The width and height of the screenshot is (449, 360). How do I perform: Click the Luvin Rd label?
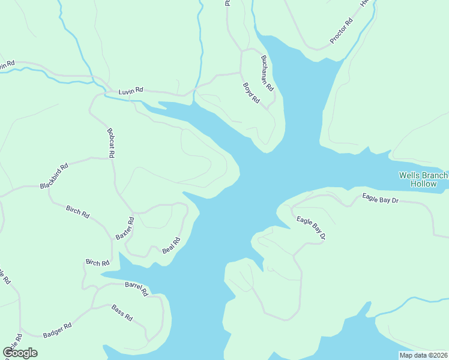[130, 91]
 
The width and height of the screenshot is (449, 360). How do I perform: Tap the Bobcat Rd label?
[111, 143]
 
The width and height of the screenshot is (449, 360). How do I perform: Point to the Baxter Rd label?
[125, 228]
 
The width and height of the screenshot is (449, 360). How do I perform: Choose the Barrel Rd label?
[136, 289]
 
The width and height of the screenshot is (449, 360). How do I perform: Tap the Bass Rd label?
[122, 313]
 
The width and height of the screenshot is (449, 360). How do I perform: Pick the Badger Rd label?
[57, 329]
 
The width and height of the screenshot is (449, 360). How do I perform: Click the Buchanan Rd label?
[267, 73]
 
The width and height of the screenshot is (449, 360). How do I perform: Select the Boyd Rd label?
[250, 92]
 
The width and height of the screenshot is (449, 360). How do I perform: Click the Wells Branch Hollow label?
[423, 179]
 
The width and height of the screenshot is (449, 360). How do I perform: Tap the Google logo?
[20, 353]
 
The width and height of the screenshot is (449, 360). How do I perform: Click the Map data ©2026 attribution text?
[424, 355]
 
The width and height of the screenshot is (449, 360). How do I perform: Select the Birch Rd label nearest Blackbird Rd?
[77, 212]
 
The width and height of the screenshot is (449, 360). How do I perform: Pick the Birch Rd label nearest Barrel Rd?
[97, 263]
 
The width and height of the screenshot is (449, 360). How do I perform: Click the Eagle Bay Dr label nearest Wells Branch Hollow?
[381, 199]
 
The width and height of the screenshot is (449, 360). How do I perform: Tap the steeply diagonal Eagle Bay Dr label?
[311, 228]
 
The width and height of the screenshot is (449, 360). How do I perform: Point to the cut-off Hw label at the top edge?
[364, 3]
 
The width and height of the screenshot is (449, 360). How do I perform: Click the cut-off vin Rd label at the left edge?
[7, 64]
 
